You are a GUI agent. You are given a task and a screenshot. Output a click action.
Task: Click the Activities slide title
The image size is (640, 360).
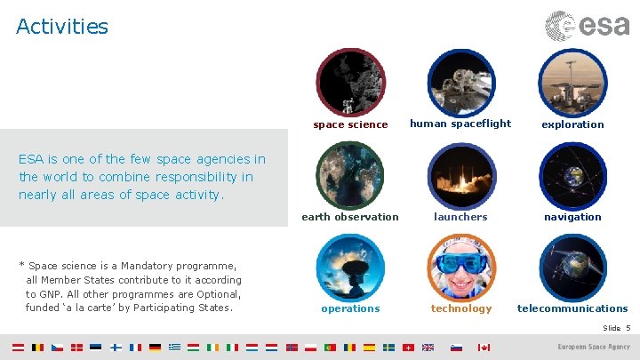tap(62, 27)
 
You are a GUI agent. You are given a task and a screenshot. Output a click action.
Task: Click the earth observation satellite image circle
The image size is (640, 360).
tap(350, 175)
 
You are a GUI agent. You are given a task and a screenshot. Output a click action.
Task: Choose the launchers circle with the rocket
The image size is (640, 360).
tap(460, 175)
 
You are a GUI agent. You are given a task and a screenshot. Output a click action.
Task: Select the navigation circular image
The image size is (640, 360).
tap(572, 175)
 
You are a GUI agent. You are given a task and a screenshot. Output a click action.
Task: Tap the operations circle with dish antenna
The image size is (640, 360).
tap(350, 268)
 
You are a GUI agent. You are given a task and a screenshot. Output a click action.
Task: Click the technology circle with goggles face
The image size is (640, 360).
tap(460, 268)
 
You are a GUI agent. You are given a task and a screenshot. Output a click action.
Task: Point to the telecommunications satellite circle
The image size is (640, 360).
tap(572, 268)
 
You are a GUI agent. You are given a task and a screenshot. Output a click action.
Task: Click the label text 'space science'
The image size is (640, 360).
tap(350, 124)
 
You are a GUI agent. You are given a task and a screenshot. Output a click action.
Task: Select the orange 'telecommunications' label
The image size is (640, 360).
tap(572, 308)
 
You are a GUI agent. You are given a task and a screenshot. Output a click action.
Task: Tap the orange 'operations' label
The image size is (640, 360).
tap(350, 308)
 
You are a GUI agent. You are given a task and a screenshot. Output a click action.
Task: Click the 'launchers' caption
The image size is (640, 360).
tap(460, 217)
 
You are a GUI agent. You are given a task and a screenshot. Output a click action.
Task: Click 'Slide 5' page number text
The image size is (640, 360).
tap(616, 329)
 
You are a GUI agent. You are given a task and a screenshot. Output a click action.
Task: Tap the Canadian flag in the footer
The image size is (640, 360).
tap(484, 348)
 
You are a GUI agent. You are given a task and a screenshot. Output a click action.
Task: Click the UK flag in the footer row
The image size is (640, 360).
tap(428, 348)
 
